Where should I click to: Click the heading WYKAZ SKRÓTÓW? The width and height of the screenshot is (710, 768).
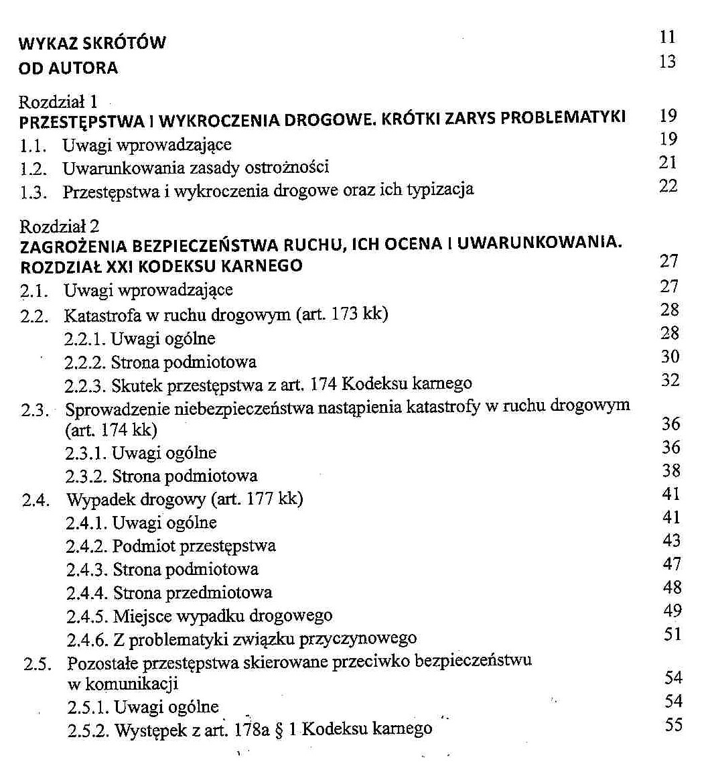pyautogui.click(x=92, y=44)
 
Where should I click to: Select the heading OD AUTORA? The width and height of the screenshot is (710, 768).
pyautogui.click(x=68, y=68)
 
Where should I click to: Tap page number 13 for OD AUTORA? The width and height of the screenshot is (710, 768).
pyautogui.click(x=668, y=62)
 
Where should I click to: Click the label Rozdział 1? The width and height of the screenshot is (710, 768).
pyautogui.click(x=59, y=102)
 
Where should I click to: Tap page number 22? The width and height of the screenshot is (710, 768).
pyautogui.click(x=668, y=186)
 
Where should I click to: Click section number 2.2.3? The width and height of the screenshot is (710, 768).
pyautogui.click(x=85, y=385)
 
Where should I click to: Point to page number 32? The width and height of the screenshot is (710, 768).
pyautogui.click(x=670, y=380)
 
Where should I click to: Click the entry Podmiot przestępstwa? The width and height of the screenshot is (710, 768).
pyautogui.click(x=194, y=546)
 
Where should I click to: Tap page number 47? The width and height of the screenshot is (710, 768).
pyautogui.click(x=671, y=564)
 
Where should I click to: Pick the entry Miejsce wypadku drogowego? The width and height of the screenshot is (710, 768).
pyautogui.click(x=222, y=616)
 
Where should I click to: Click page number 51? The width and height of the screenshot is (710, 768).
pyautogui.click(x=672, y=633)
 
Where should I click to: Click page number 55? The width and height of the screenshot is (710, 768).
pyautogui.click(x=673, y=725)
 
